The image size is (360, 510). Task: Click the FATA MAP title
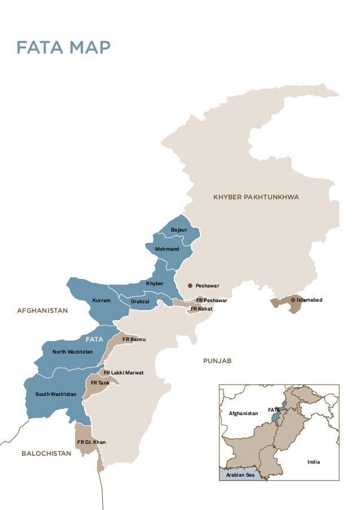[63, 47]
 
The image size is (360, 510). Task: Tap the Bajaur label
[179, 230]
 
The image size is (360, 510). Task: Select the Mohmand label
[167, 249]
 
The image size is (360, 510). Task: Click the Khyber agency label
[155, 283]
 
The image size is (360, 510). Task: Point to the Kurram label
[102, 301]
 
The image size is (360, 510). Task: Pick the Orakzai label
[140, 302]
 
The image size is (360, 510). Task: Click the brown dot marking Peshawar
[190, 286]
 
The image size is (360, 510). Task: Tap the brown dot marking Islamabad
[292, 300]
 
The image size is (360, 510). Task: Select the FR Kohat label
[201, 309]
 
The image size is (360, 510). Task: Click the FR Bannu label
[134, 339]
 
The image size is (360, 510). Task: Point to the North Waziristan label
[72, 352]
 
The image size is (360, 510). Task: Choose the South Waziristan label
[56, 394]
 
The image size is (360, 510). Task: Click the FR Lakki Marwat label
[124, 373]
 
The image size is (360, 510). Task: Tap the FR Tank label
[100, 383]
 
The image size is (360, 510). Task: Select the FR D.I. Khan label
[91, 442]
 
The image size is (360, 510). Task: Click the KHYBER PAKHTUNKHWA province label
[256, 197]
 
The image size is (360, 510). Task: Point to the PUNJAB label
[217, 360]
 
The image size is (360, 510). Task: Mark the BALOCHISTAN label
[46, 454]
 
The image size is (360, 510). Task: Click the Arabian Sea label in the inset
[240, 475]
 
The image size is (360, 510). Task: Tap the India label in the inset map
[313, 462]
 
